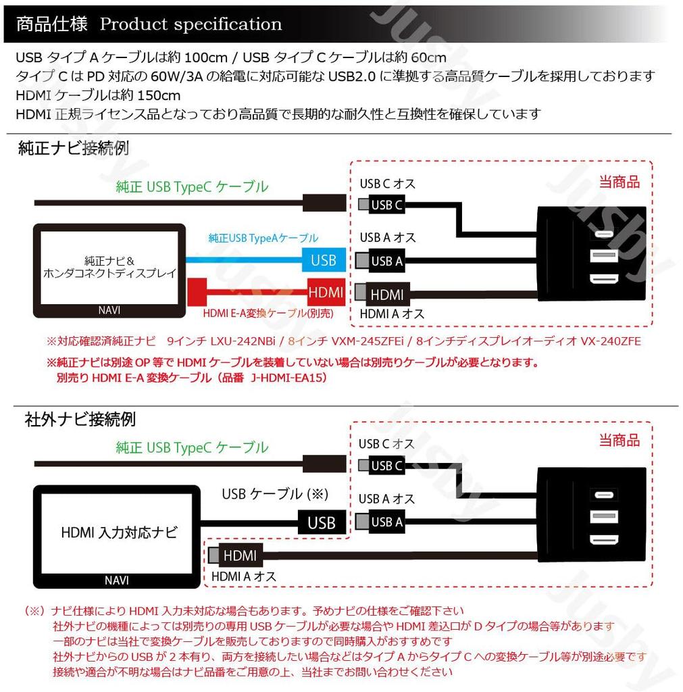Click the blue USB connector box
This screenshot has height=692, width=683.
(324, 260)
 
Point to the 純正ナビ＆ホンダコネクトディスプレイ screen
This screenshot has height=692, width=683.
(109, 268)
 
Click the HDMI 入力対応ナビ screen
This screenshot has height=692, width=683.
(118, 532)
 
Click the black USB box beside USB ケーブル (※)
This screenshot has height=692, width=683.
(322, 522)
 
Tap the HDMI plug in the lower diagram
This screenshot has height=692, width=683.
(236, 555)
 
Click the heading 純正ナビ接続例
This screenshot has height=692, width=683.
(73, 149)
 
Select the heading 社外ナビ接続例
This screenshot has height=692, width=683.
(80, 419)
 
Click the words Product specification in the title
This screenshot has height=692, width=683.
(191, 25)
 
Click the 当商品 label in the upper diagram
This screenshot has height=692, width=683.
(619, 181)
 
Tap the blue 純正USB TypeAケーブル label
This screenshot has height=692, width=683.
(263, 238)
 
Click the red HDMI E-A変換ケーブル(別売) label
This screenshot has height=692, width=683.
(268, 314)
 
